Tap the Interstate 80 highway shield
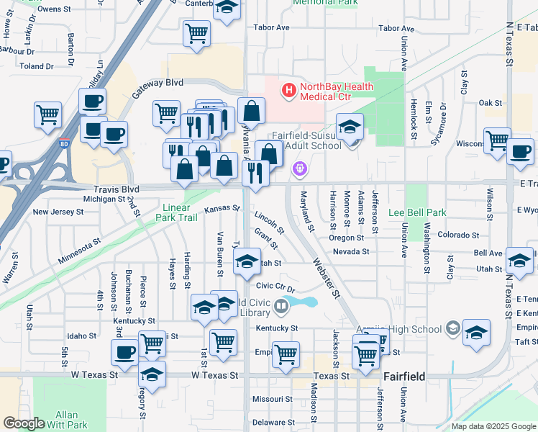point(65,143)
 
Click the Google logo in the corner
point(24,423)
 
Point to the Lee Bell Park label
point(417,212)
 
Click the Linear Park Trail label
point(177,212)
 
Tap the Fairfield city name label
point(405,376)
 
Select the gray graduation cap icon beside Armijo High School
point(452,329)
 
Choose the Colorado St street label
point(458,235)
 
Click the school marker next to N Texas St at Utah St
point(519,261)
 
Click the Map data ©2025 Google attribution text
point(493,426)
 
